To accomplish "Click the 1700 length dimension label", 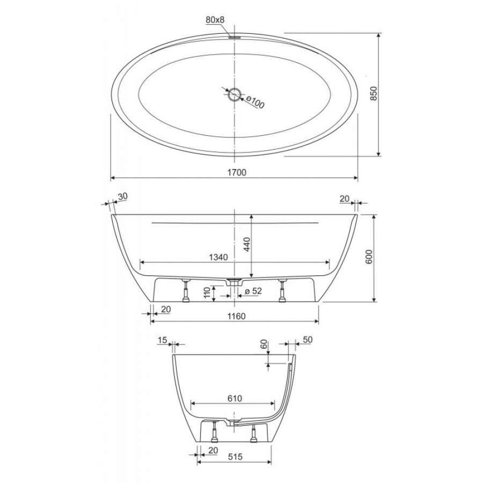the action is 237,172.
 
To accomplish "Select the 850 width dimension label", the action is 374,93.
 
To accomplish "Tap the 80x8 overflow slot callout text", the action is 215,20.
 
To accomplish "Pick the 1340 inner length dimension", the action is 218,257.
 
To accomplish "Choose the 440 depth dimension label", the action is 247,244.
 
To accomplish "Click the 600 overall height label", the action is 369,257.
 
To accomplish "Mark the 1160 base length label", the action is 237,316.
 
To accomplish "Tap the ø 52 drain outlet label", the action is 253,291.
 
